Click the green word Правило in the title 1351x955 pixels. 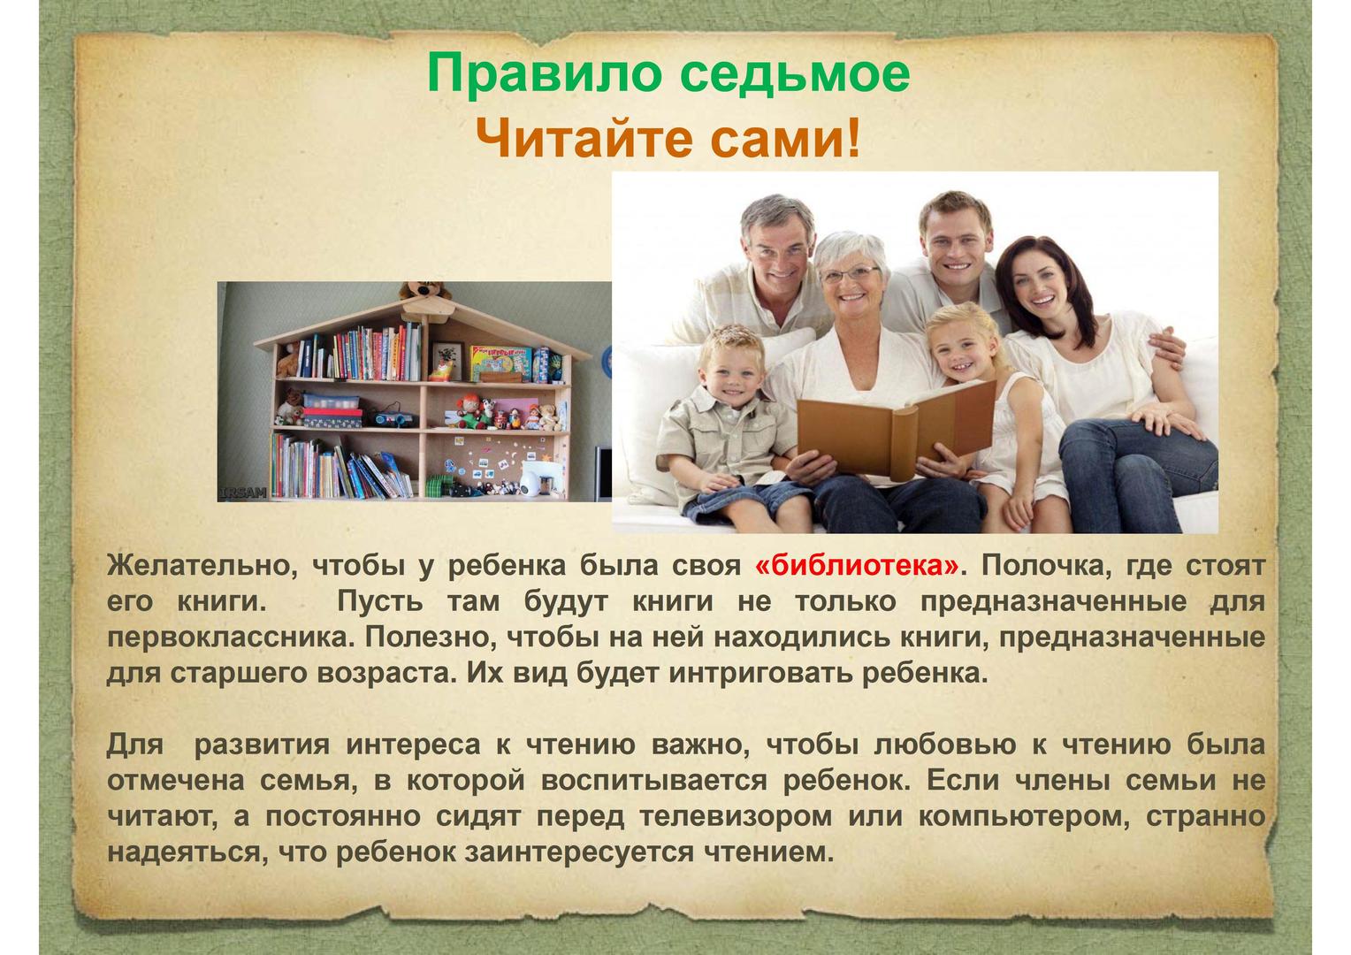click(541, 73)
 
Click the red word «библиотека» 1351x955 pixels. click(857, 566)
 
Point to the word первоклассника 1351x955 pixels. click(230, 638)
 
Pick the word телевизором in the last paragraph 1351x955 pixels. click(736, 817)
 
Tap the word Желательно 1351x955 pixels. click(202, 566)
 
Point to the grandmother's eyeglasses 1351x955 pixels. click(851, 274)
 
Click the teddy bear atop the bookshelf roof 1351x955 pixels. click(424, 291)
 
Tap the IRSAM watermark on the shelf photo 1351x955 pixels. click(243, 493)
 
